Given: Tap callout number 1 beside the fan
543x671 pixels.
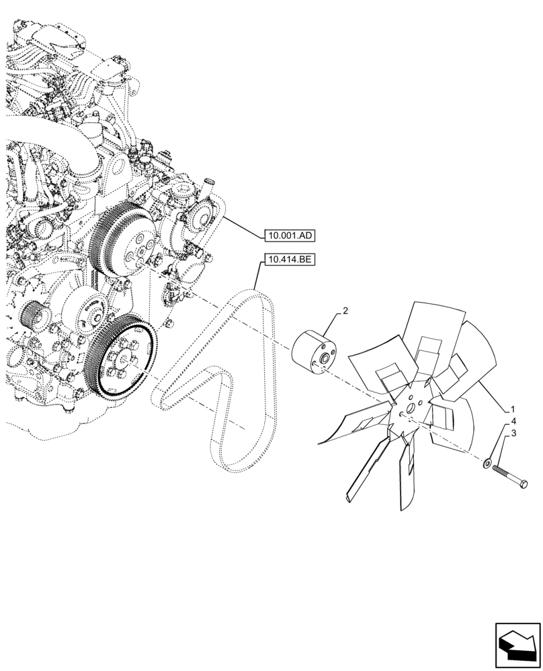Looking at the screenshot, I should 513,409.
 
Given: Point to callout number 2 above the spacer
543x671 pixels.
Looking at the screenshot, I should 345,311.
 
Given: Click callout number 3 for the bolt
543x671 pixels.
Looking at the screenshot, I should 514,434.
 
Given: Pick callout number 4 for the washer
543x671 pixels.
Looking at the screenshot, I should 513,421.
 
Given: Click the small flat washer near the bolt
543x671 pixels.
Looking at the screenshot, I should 486,462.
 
